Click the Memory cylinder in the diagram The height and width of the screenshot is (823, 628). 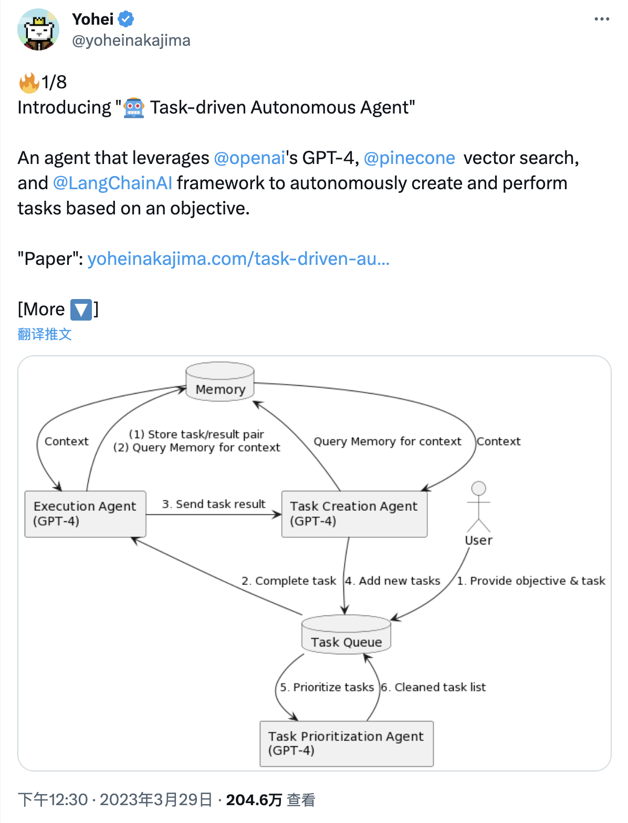coord(220,382)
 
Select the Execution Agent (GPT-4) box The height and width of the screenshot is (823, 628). coord(86,513)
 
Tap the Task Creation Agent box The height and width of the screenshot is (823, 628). coord(354,513)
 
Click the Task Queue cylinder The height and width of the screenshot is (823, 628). coord(346,634)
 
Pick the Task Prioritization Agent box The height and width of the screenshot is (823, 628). coord(347,744)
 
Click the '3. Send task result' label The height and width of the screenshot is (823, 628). coord(214,504)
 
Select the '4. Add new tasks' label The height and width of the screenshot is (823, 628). coord(392,581)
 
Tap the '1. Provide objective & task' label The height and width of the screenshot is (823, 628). coord(531,581)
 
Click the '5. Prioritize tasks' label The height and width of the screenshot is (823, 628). coord(327,687)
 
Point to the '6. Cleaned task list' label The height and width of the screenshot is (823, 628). coord(433,687)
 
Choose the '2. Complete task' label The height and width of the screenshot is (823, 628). coord(289,581)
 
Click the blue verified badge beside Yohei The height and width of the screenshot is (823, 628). coord(126,19)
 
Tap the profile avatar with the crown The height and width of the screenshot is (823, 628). coord(38,29)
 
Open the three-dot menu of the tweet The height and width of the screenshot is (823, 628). coord(602,19)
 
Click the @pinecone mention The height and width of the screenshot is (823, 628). coord(410,158)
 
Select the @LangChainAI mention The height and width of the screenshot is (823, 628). coord(112,183)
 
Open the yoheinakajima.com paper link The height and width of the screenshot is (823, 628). coord(238,259)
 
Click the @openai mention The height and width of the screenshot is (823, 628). coord(249,158)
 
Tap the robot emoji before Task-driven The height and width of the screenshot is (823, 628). coord(134,108)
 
